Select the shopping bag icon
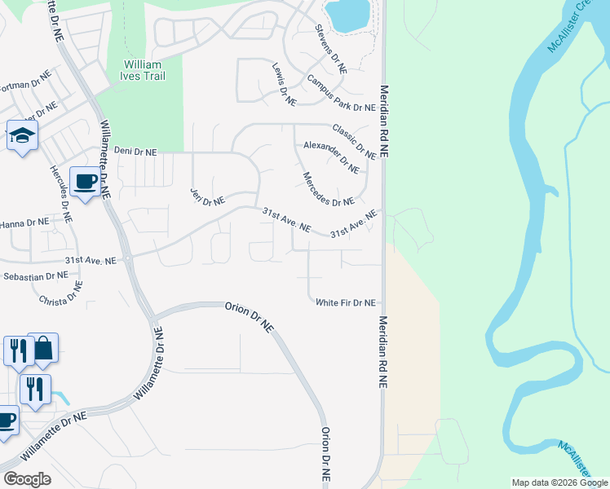pos(43,348)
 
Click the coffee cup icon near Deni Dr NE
pos(85,182)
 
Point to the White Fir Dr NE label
pos(346,302)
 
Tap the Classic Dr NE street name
pos(354,142)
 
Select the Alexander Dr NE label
pos(331,156)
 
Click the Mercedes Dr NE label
pos(328,189)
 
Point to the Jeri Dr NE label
pos(207,196)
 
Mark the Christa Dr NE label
pos(61,294)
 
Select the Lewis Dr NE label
pos(284,84)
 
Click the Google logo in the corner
pos(27,478)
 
